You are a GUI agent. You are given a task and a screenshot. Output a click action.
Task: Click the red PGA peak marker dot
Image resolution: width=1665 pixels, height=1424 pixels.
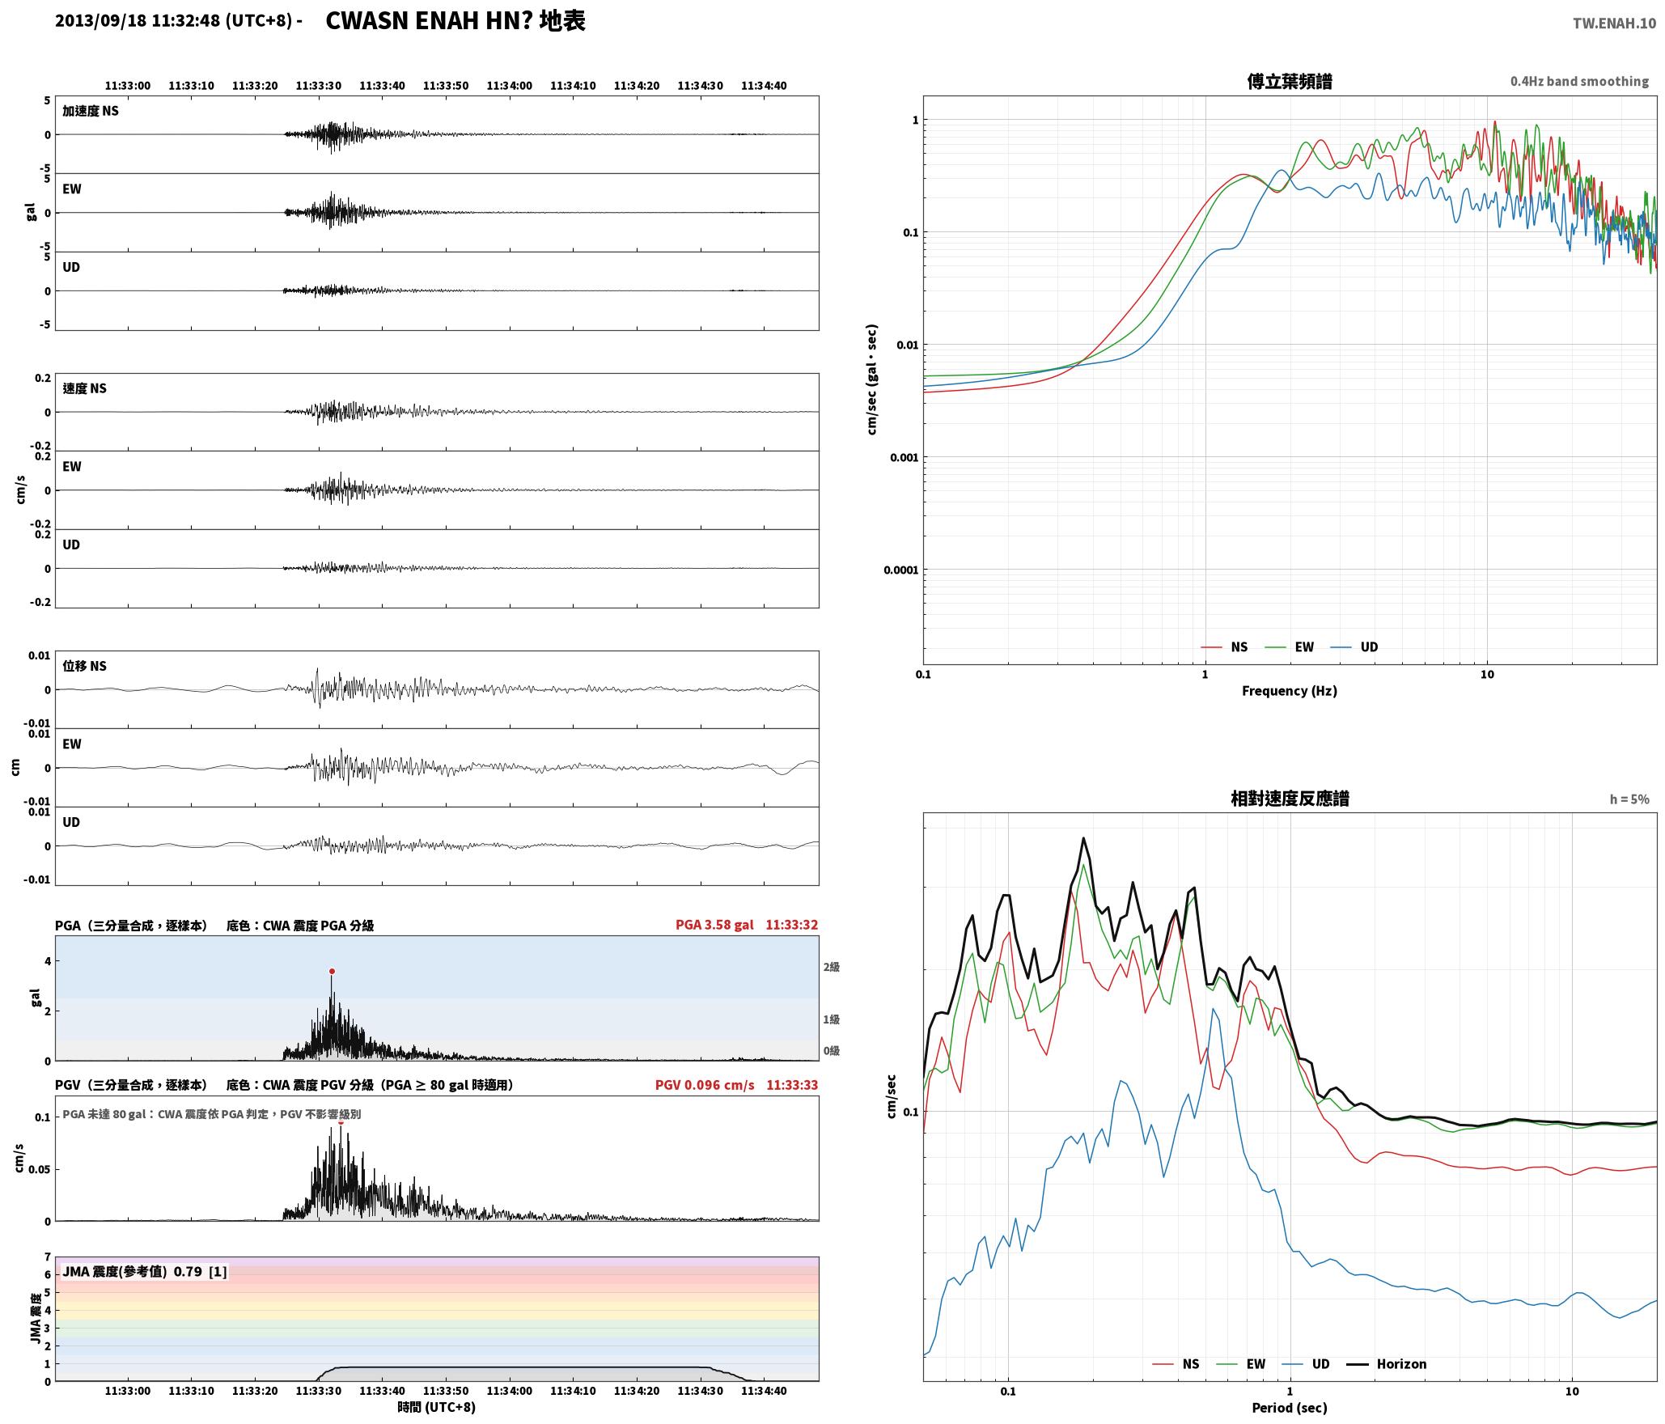click(x=332, y=972)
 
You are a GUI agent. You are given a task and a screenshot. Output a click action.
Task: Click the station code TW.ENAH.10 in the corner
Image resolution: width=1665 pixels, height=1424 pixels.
click(x=1614, y=23)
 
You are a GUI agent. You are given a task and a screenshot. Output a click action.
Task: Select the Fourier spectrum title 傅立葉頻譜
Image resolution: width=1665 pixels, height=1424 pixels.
click(x=1290, y=82)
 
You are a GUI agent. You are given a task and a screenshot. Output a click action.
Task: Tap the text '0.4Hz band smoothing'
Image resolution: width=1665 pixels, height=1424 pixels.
click(x=1579, y=82)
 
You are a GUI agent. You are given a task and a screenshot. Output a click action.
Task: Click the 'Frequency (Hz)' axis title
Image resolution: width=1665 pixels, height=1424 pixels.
click(x=1290, y=691)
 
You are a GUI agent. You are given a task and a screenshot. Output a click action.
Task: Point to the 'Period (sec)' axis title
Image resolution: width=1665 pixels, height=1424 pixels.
click(x=1290, y=1408)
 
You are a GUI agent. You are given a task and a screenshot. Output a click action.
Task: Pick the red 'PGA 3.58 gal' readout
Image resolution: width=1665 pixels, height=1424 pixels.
click(x=714, y=925)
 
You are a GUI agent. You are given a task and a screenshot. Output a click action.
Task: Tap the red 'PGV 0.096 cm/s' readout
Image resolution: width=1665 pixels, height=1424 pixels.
click(x=705, y=1085)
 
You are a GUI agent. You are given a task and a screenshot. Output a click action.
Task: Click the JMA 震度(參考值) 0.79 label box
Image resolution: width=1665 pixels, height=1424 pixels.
click(x=144, y=1272)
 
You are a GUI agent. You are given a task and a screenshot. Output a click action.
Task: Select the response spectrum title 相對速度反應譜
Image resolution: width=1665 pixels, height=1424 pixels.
click(x=1290, y=799)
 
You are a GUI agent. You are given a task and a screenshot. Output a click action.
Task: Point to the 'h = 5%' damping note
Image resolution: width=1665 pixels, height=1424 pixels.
click(x=1629, y=799)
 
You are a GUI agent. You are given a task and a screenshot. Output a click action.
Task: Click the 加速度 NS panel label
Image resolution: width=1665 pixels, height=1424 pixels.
click(x=91, y=111)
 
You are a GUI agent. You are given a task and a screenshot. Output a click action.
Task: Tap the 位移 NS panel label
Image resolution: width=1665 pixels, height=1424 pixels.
click(x=85, y=666)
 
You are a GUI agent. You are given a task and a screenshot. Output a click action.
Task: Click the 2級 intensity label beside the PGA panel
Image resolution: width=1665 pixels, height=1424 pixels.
click(x=832, y=967)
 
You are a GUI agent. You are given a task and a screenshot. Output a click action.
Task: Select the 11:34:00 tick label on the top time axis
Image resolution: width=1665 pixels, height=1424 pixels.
click(x=510, y=86)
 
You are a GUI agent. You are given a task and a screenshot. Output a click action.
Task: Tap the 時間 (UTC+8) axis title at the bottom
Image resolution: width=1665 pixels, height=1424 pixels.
click(x=437, y=1408)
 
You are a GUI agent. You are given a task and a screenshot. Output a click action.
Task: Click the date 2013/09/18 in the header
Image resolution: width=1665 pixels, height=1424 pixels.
click(x=101, y=21)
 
